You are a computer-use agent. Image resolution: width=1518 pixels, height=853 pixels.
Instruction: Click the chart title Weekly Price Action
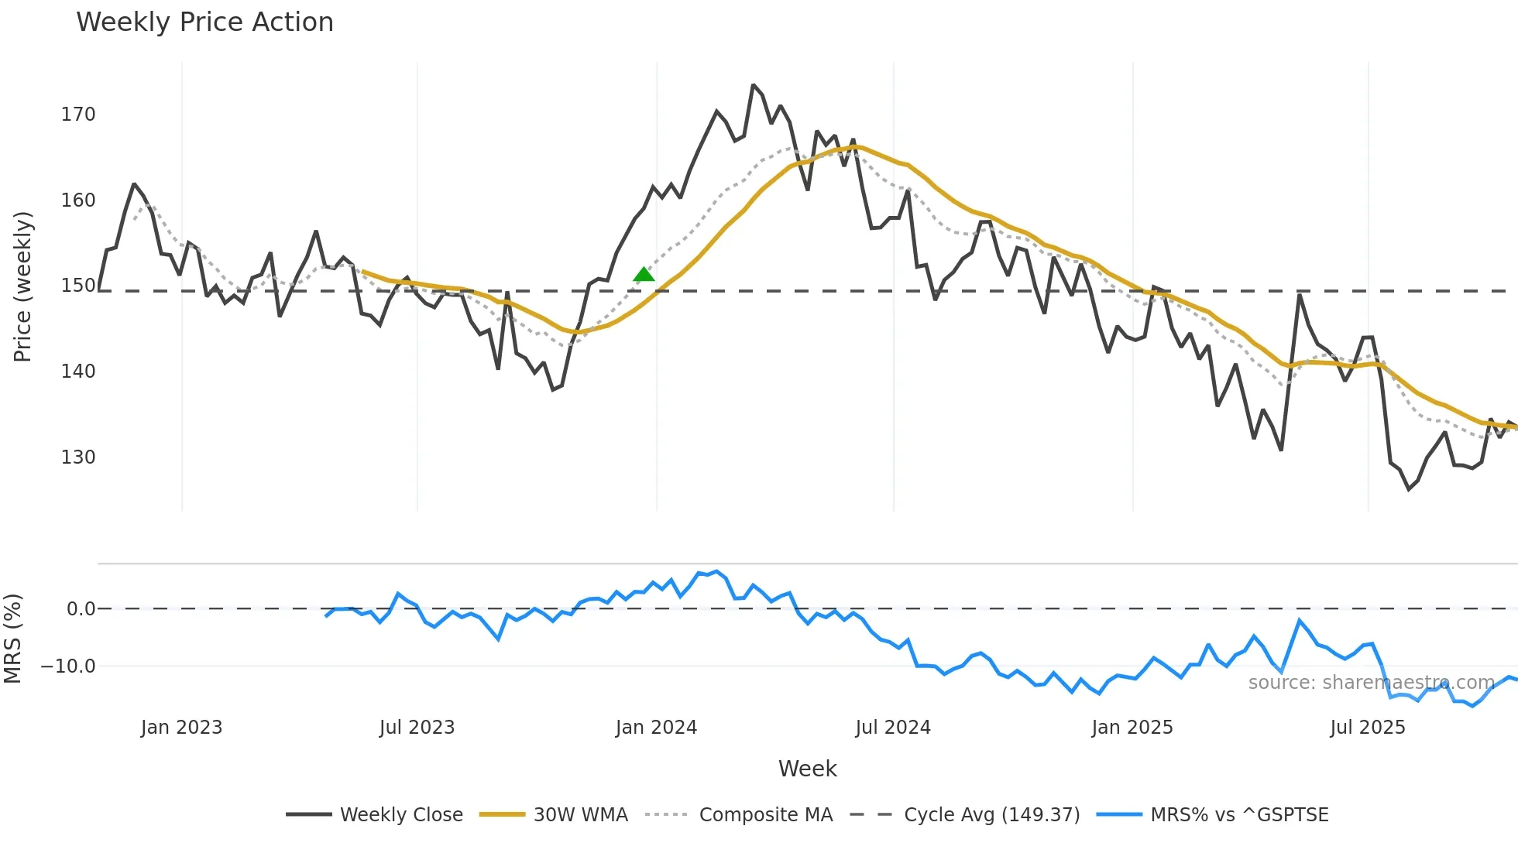click(x=204, y=22)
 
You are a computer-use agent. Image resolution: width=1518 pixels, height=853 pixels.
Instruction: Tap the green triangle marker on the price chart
click(x=644, y=274)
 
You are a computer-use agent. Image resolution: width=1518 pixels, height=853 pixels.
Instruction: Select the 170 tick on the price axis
click(x=78, y=115)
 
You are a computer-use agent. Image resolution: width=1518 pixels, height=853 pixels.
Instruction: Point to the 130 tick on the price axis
click(x=78, y=457)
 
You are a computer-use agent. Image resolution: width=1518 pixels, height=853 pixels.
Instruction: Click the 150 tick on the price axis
click(x=78, y=286)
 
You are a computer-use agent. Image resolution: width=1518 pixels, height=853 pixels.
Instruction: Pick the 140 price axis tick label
click(x=78, y=372)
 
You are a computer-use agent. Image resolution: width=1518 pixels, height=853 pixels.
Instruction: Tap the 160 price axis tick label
click(x=78, y=200)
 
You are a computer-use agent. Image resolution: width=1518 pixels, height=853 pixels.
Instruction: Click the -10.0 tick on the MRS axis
click(x=68, y=666)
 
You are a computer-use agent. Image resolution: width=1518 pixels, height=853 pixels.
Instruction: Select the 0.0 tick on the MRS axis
click(x=81, y=609)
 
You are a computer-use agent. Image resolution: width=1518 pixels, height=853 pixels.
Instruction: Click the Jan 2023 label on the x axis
click(x=181, y=728)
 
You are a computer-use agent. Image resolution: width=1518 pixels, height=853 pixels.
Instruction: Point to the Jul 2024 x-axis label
click(x=893, y=728)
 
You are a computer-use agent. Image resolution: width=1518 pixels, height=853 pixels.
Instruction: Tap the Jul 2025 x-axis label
click(x=1367, y=728)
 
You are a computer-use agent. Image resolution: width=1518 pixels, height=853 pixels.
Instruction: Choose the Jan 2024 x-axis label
click(x=656, y=728)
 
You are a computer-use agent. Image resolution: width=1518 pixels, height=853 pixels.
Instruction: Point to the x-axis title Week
click(x=807, y=769)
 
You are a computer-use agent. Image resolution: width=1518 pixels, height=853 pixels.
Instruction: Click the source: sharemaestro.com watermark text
click(x=1371, y=683)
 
